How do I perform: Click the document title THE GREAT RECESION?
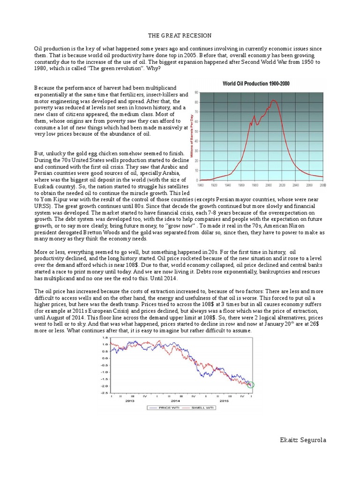pos(180,36)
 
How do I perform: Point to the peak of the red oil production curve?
pos(274,100)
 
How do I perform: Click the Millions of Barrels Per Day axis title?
pos(191,135)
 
